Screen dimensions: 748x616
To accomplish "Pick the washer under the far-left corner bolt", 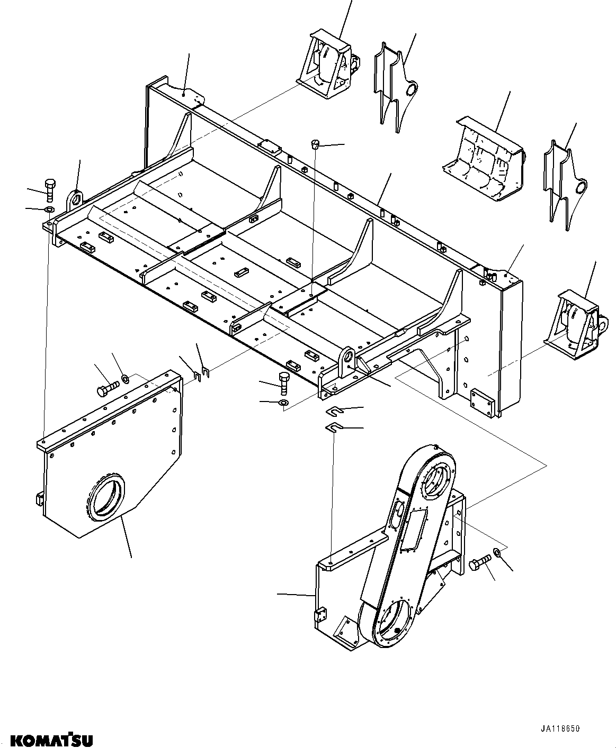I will (49, 210).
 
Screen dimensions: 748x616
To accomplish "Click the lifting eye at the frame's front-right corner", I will (347, 355).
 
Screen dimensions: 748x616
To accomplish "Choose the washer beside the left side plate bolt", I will (126, 378).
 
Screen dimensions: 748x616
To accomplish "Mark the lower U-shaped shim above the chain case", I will (334, 427).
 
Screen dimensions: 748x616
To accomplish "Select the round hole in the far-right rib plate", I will (581, 186).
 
